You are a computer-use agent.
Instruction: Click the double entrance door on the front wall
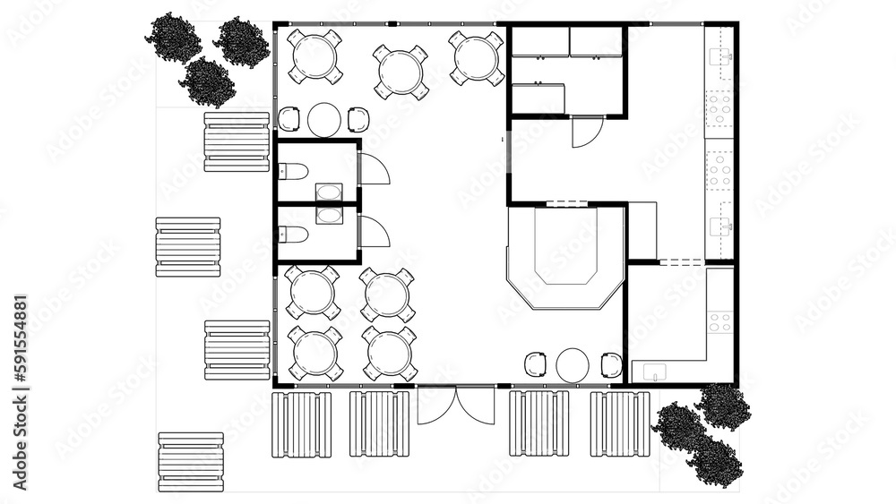click(x=456, y=405)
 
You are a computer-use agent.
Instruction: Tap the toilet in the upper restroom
click(x=294, y=172)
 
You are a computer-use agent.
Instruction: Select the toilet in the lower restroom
click(x=294, y=235)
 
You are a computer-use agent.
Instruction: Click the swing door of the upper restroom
click(x=374, y=168)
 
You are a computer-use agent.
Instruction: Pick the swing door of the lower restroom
click(x=374, y=231)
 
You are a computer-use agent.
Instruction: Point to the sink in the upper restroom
click(x=329, y=192)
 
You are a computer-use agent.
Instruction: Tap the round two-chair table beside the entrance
click(x=573, y=365)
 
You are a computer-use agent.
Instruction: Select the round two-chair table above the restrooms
click(x=323, y=119)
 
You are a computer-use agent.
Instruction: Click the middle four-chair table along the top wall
click(x=401, y=70)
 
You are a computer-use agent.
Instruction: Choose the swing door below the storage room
click(x=586, y=132)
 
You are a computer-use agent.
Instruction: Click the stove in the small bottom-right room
click(x=719, y=320)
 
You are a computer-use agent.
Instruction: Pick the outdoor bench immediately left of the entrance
click(x=379, y=423)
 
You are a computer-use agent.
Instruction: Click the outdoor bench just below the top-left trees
click(x=237, y=141)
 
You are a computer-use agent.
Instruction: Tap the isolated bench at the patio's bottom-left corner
click(x=191, y=462)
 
